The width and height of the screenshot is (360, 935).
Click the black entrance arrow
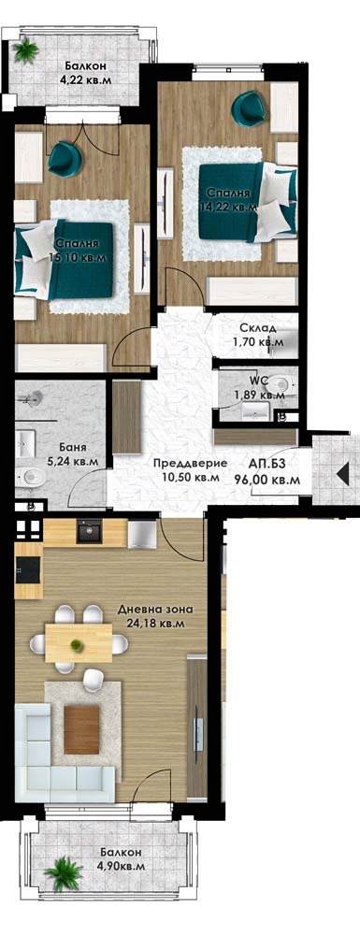coord(343,473)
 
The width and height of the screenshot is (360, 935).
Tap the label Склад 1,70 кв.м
coord(258,335)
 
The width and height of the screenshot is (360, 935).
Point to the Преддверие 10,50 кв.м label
coord(190,470)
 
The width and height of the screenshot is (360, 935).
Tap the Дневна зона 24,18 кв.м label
coord(155,616)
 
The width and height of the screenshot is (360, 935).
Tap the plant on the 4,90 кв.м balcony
coord(64,873)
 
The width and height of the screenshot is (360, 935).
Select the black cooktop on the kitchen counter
coord(28,570)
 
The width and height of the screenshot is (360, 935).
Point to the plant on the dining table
coord(76,644)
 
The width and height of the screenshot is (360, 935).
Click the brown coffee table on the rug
coord(81,729)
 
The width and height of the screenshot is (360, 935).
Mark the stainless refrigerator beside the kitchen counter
coord(142,534)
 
